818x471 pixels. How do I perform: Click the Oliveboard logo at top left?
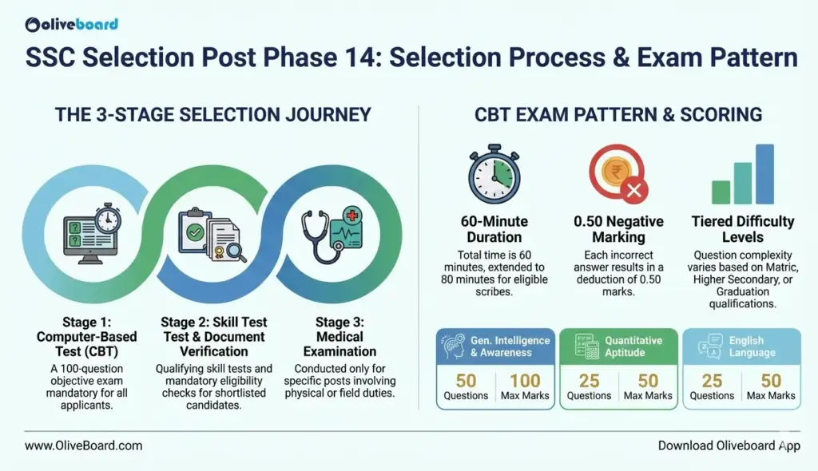click(72, 24)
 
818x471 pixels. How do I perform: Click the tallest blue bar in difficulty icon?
click(764, 173)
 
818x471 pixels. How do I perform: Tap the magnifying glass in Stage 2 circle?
click(236, 251)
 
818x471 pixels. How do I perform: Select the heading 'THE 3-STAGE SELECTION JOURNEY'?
click(213, 115)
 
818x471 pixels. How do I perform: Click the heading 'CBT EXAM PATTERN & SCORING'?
click(618, 115)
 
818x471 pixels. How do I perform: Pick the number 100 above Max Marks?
click(525, 381)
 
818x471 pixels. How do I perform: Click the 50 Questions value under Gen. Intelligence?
click(466, 381)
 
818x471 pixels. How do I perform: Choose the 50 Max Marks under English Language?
click(771, 381)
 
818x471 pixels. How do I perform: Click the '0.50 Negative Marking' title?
click(618, 229)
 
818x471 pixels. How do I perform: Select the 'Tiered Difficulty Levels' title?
click(743, 229)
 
